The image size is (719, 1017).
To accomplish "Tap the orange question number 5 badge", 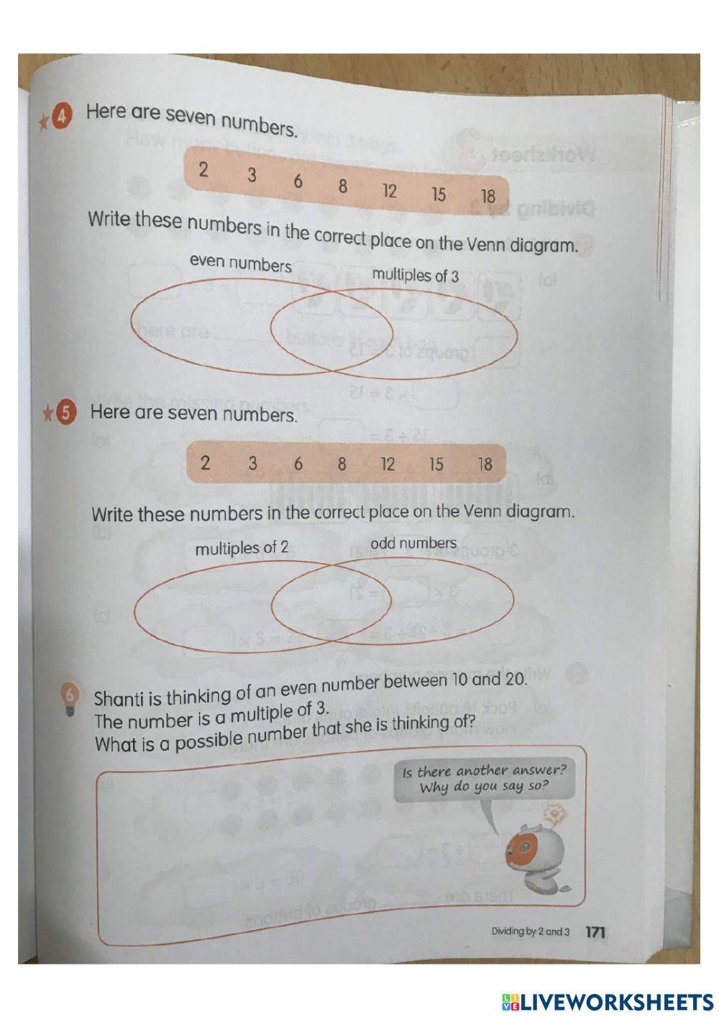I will (x=66, y=412).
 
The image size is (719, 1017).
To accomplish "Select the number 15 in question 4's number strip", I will (x=438, y=194).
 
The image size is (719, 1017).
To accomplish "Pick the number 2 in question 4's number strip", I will (x=203, y=170).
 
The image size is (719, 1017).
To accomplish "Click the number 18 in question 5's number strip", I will (x=485, y=464).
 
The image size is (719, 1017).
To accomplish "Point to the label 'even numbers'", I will (x=241, y=264).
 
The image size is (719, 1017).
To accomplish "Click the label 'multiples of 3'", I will (x=415, y=276).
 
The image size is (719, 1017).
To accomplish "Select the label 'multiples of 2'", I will (x=242, y=548).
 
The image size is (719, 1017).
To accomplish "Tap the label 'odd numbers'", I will (x=413, y=543).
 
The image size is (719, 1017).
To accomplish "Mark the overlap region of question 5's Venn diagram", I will (x=331, y=603).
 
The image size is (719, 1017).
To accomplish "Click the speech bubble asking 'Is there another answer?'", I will (x=484, y=779).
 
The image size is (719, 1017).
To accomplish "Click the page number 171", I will (x=595, y=932).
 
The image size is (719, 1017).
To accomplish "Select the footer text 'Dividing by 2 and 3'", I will (x=530, y=931).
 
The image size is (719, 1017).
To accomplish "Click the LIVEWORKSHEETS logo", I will (x=608, y=1001).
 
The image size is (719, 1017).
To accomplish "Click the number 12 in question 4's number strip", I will (x=389, y=191).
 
